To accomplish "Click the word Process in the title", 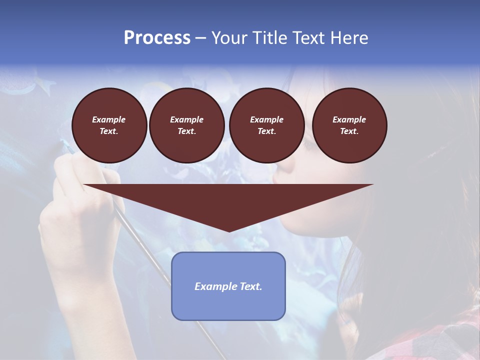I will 157,38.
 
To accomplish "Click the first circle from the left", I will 109,125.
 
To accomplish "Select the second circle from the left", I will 186,125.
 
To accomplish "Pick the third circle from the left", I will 266,125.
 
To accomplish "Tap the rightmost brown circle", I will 349,125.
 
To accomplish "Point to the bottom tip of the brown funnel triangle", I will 229,231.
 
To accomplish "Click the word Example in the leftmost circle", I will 109,119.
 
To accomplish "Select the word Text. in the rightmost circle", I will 349,131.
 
